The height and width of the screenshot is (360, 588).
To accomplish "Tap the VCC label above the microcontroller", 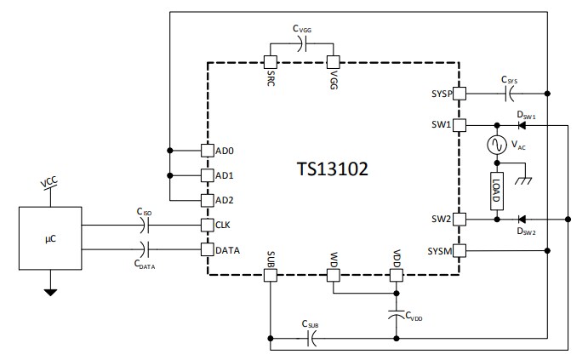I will [x=50, y=183].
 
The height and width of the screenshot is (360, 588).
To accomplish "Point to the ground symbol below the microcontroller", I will [x=50, y=293].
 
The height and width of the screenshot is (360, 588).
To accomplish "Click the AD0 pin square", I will [x=207, y=151].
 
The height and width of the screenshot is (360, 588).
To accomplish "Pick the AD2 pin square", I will [x=207, y=200].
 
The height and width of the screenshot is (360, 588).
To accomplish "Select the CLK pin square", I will [x=207, y=226].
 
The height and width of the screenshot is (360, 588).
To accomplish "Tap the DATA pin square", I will [x=207, y=250].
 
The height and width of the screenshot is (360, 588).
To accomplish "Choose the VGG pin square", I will [x=334, y=62].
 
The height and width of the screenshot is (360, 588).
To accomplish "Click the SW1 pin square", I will [x=459, y=125].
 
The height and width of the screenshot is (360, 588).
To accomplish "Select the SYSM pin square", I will [x=459, y=251].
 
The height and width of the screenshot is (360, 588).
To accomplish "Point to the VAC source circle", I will [x=494, y=146].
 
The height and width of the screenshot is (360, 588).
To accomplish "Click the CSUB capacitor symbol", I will [x=312, y=339].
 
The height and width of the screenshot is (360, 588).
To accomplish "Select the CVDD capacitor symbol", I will [x=396, y=312].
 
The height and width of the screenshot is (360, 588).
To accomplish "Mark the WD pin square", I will [x=333, y=276].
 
